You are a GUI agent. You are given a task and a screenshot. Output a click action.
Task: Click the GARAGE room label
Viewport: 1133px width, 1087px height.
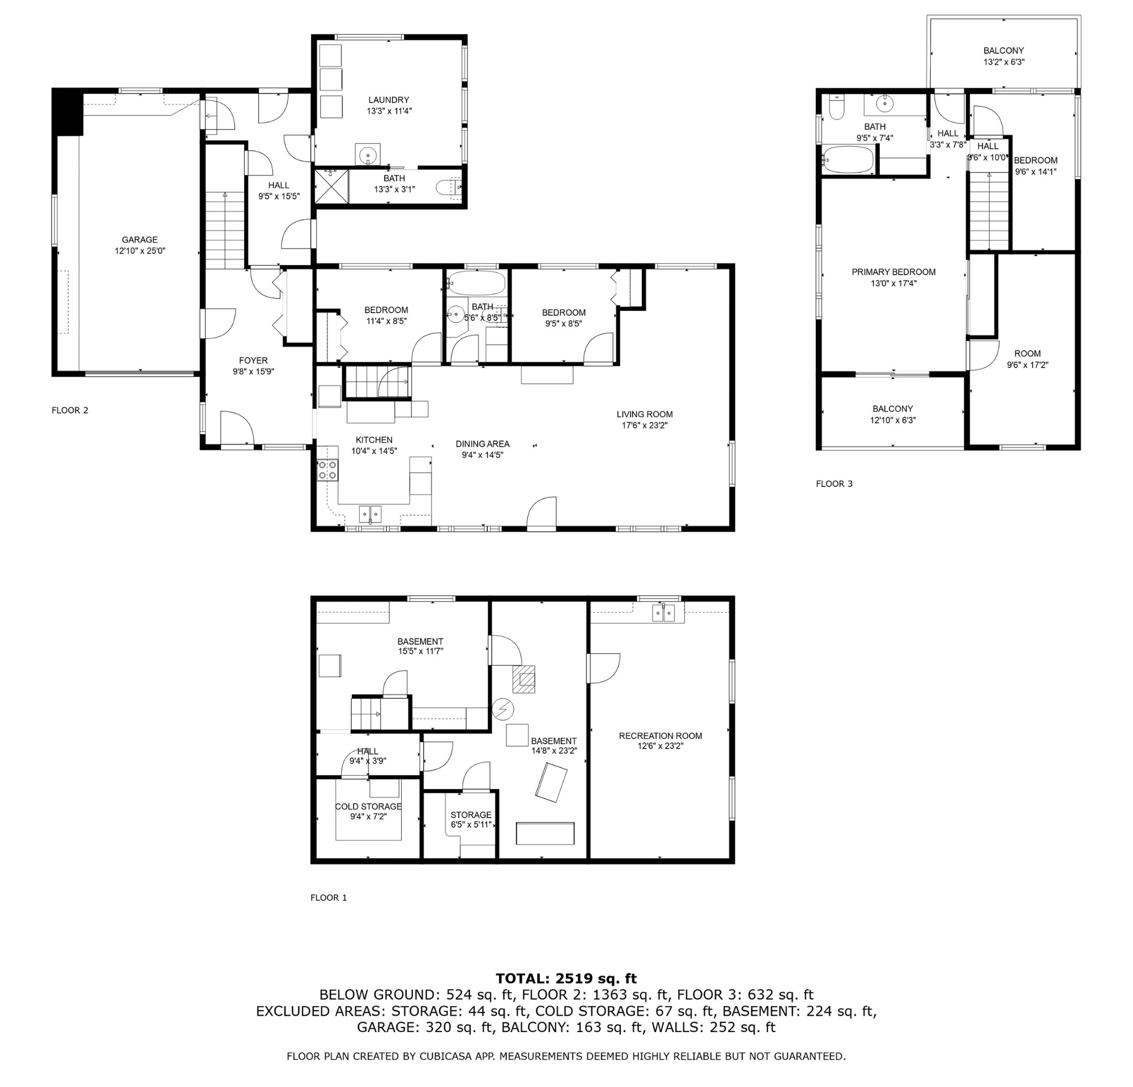coord(139,239)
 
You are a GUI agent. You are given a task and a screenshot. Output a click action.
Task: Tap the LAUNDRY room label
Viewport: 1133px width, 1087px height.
coord(389,100)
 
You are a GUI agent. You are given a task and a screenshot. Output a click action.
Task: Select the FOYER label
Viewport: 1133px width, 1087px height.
coord(253,361)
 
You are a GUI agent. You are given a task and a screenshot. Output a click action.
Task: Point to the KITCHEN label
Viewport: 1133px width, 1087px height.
coord(374,440)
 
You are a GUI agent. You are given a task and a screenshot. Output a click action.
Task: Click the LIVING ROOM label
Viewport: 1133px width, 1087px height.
coord(645,414)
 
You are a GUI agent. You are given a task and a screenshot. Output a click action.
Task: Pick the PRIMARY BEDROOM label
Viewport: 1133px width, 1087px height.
coord(894,272)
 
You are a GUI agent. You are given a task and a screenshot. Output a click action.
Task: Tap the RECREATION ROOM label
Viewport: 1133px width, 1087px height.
coord(661,736)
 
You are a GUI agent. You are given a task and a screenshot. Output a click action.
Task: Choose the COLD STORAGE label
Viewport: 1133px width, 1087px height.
coord(368,807)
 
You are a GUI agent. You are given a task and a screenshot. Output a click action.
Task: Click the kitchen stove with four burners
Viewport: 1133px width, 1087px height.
coord(327,470)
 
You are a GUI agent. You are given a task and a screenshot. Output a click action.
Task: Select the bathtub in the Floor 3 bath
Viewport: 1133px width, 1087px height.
coord(848,160)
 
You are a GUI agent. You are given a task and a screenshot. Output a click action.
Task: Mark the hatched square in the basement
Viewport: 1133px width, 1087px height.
coord(523,679)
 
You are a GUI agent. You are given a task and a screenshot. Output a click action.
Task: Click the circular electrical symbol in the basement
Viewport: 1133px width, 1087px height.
coord(502,709)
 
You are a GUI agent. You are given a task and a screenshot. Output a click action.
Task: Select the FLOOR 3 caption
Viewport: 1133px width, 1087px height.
coord(834,484)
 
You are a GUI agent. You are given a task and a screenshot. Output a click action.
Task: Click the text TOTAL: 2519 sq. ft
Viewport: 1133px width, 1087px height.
coord(566,979)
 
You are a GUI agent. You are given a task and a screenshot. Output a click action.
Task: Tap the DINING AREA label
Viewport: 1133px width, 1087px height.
coord(482,444)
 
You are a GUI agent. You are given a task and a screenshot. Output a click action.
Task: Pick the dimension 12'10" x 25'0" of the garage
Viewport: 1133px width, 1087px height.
coord(140,251)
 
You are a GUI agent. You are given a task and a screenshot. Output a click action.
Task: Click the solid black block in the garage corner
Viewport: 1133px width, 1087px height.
coord(68,113)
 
